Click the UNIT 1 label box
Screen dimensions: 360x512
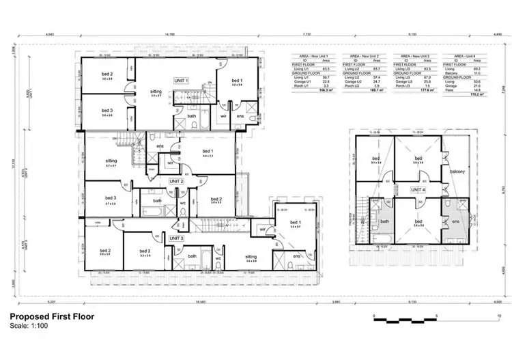pyautogui.click(x=182, y=80)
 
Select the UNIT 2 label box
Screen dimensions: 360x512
pyautogui.click(x=177, y=182)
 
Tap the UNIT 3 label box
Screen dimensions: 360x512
pyautogui.click(x=177, y=238)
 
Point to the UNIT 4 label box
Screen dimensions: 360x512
pyautogui.click(x=418, y=189)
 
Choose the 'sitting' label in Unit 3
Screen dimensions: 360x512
pyautogui.click(x=251, y=257)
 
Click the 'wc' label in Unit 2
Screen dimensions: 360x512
pyautogui.click(x=183, y=202)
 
